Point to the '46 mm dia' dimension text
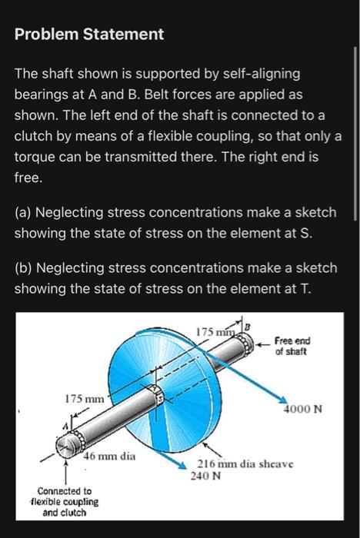coord(109,457)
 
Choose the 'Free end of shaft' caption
coord(293,347)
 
